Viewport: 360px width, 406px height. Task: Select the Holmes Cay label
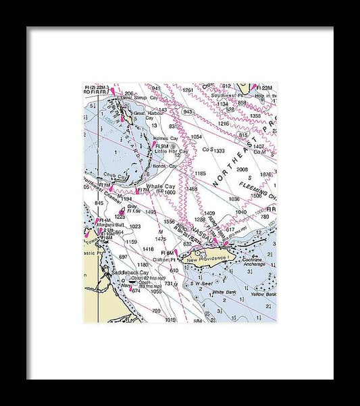165,138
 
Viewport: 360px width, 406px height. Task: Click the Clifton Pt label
165,259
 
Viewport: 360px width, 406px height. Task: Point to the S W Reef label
201,283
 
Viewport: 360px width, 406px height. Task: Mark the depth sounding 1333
218,151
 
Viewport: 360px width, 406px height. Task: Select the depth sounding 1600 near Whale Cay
169,193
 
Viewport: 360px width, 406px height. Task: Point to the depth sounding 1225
121,217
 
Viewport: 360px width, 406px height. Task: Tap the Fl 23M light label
266,88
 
